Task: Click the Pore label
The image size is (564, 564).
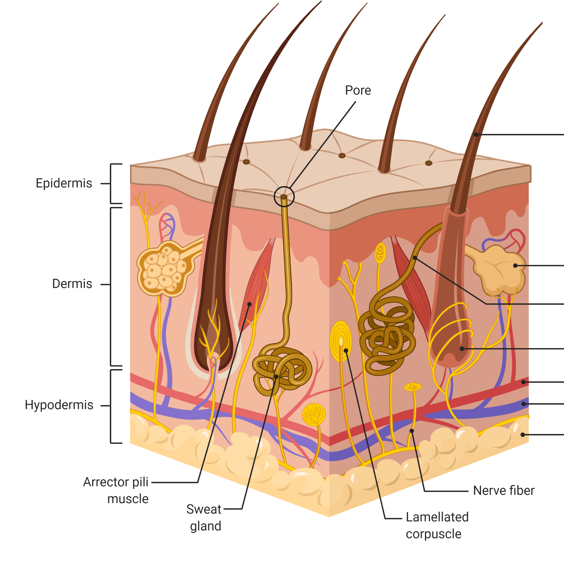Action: (x=358, y=91)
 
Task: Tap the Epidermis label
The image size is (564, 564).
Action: (x=64, y=184)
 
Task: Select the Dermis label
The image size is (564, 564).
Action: (x=72, y=284)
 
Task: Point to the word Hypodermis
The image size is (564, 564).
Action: (x=59, y=405)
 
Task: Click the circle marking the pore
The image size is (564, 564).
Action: (x=284, y=197)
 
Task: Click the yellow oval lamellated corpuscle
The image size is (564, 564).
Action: (x=341, y=341)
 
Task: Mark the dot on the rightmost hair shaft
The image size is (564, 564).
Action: (x=476, y=134)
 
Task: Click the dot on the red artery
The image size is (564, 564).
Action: (x=523, y=382)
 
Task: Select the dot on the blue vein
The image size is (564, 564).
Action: (x=523, y=404)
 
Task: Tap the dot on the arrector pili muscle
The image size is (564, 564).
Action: (x=249, y=304)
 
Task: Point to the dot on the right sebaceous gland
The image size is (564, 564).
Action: (x=515, y=266)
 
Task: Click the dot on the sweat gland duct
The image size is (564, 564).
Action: (x=415, y=258)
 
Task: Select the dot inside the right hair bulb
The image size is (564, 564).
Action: (x=462, y=349)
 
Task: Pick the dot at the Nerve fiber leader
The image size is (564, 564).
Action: (x=412, y=431)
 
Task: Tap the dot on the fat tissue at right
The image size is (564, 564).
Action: (x=523, y=435)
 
